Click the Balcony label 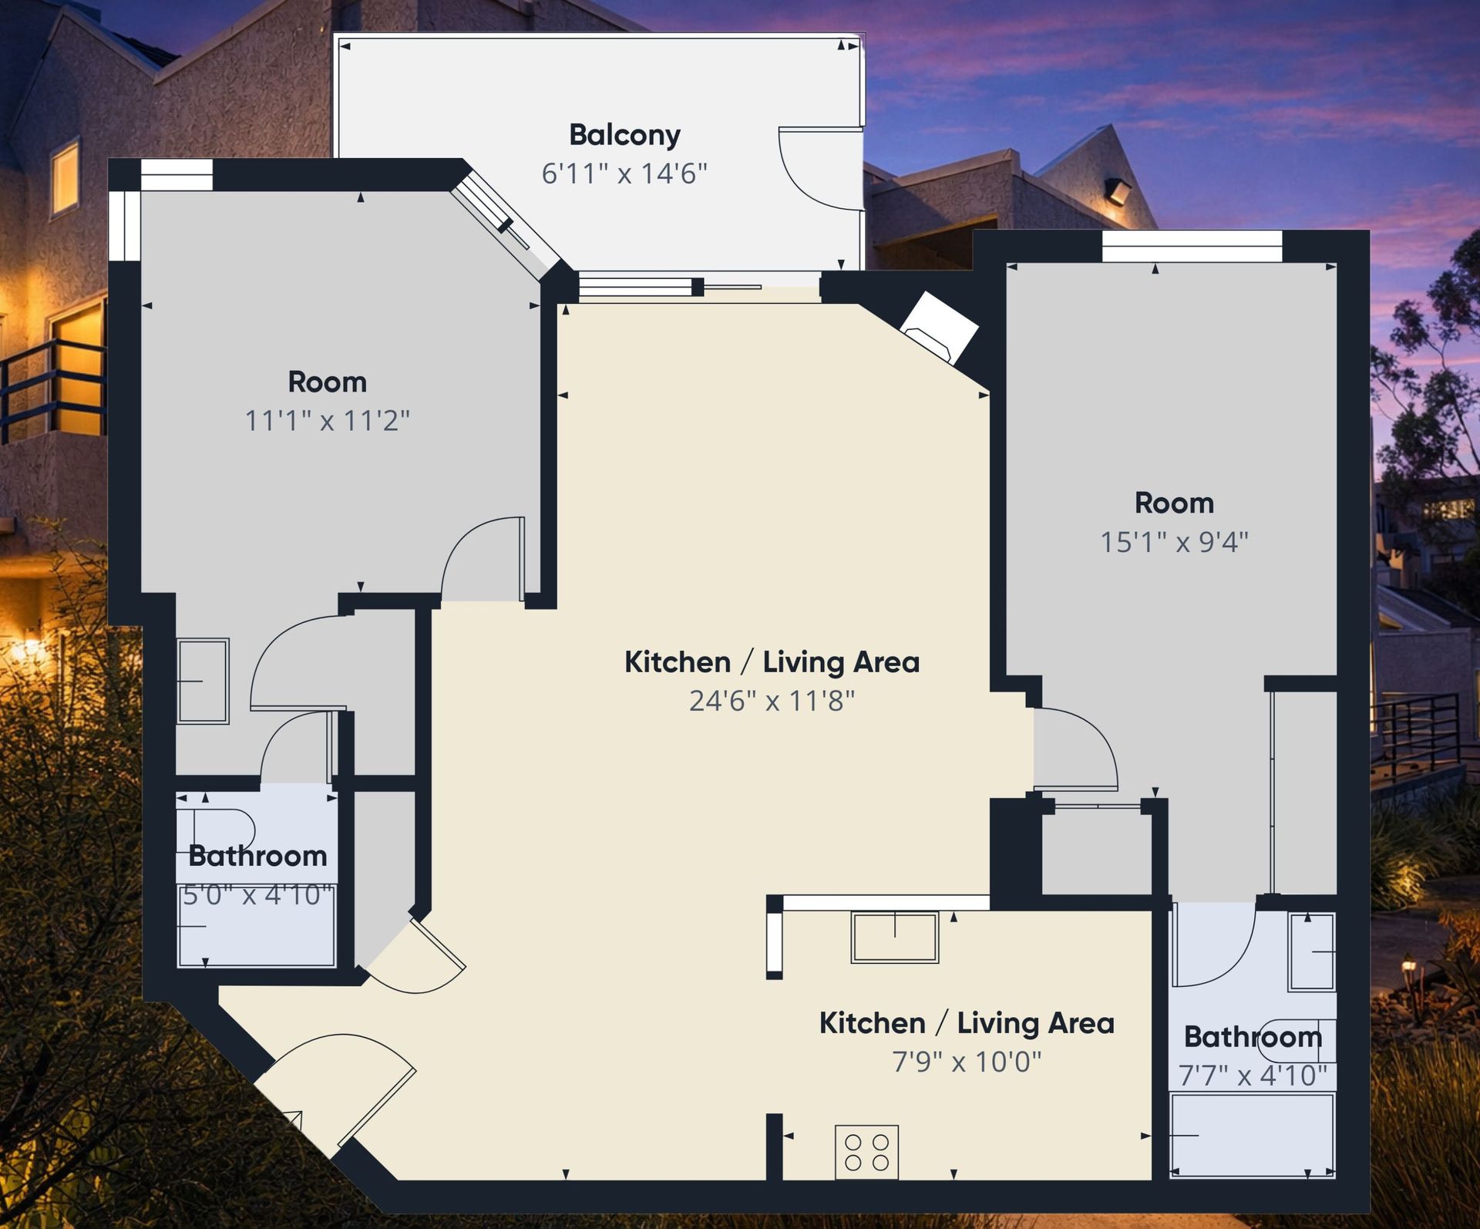(624, 136)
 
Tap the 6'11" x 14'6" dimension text (624, 173)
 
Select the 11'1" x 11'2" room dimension (327, 421)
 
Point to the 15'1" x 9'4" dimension (1174, 542)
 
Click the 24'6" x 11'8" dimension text (772, 701)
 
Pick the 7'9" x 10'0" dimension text (967, 1062)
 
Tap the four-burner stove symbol (867, 1152)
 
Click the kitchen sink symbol (895, 937)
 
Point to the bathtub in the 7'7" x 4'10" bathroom (1253, 1135)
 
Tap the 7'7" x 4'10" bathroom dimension (1253, 1076)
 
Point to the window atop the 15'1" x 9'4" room (1192, 247)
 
